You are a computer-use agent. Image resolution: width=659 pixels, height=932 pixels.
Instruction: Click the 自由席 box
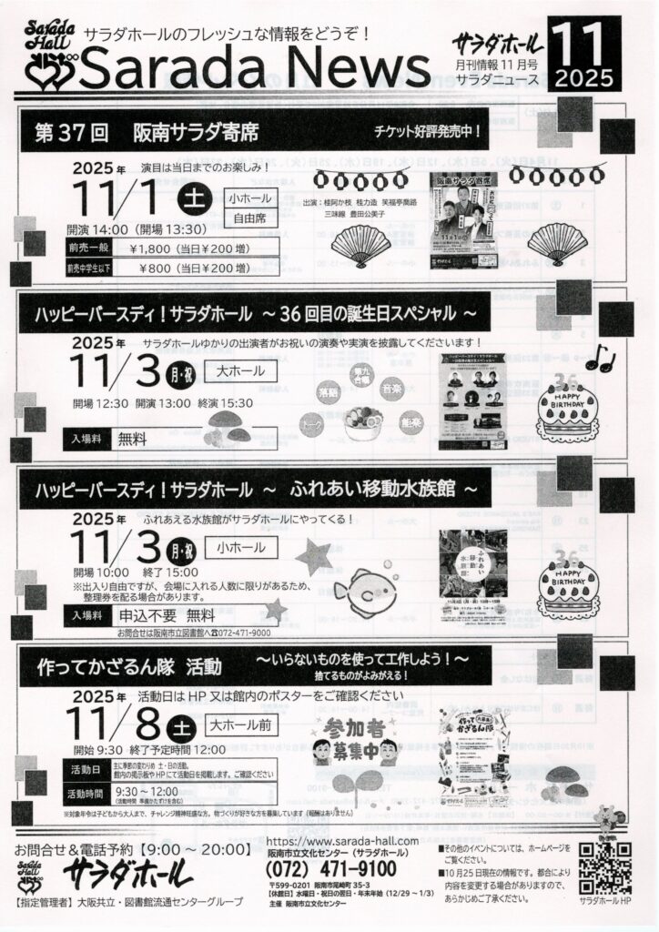pos(252,219)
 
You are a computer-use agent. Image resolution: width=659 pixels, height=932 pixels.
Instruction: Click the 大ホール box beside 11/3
pos(241,370)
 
